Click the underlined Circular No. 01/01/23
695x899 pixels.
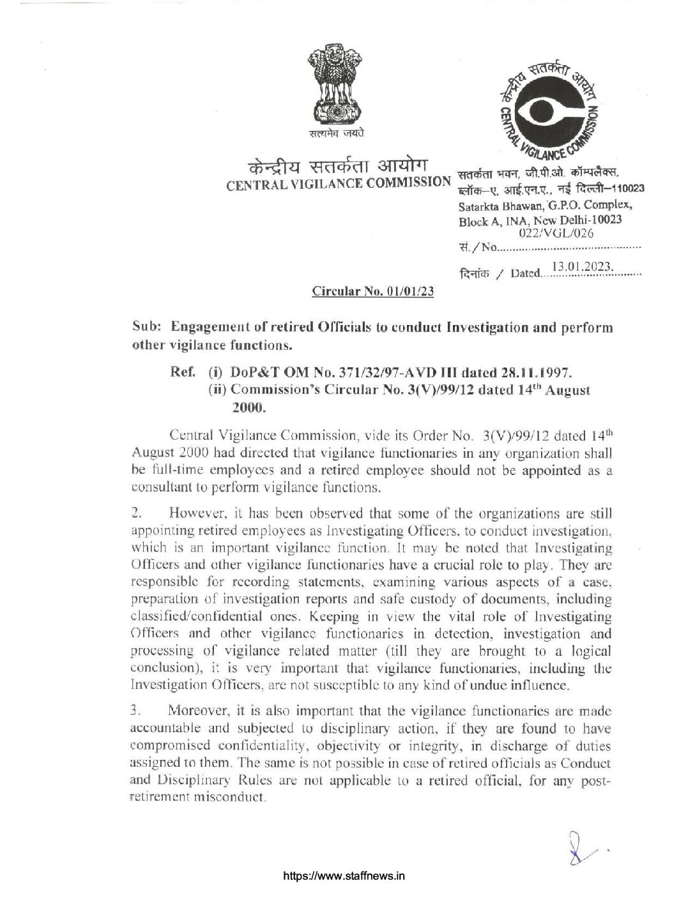(372, 292)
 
